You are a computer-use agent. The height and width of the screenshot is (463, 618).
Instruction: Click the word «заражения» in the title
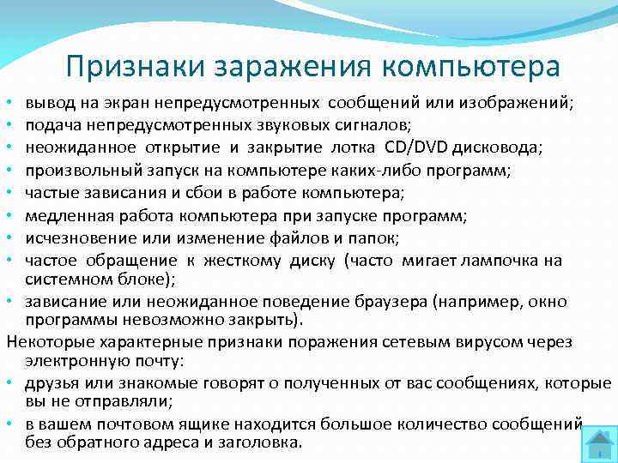pyautogui.click(x=287, y=66)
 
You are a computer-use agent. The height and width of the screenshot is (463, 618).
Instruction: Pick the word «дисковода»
pyautogui.click(x=497, y=147)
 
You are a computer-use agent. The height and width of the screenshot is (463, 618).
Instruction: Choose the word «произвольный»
pyautogui.click(x=71, y=170)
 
